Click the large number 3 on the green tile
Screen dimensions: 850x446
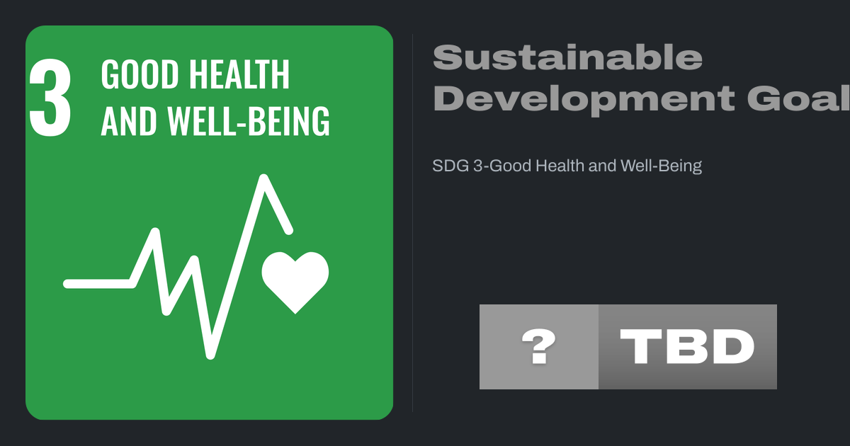(x=50, y=97)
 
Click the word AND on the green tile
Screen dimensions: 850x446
(x=129, y=120)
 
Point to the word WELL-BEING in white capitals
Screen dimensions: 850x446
(x=249, y=120)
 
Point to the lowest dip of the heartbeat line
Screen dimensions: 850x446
(x=210, y=355)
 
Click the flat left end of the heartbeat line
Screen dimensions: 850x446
(x=67, y=284)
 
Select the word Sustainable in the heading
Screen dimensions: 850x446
(x=567, y=57)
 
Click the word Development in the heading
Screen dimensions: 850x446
(x=584, y=99)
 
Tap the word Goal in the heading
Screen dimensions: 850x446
(x=798, y=98)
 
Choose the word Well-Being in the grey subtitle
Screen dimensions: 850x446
(x=661, y=166)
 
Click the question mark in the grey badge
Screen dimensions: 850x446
(x=539, y=346)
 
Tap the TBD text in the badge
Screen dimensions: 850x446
(x=687, y=346)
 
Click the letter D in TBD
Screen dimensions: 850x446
(x=734, y=346)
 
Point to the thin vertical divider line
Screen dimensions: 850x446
(x=412, y=223)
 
